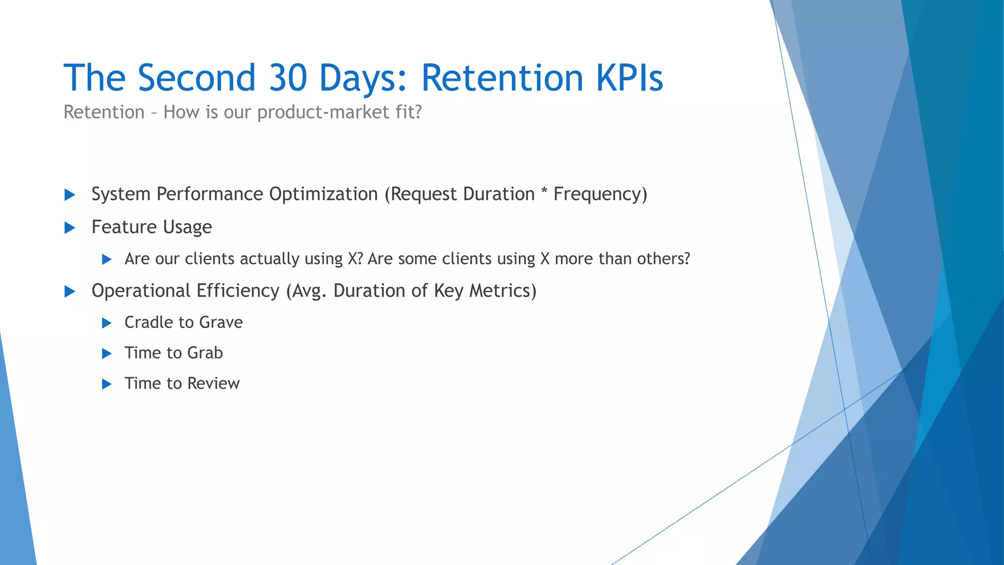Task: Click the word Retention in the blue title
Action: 502,78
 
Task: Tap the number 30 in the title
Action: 288,78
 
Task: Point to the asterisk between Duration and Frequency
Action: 544,192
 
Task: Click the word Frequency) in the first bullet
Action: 600,194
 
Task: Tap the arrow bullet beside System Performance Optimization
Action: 70,195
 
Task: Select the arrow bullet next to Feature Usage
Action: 70,228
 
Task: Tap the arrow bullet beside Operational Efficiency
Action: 70,292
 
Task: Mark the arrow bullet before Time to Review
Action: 106,384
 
